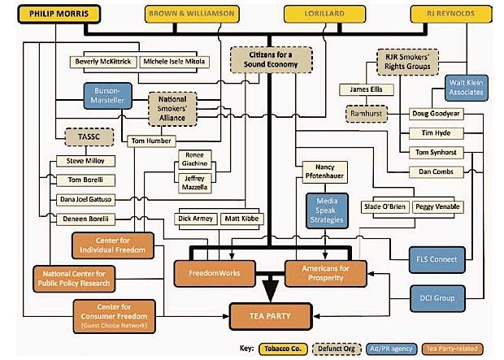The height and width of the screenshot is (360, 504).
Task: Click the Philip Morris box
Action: point(59,14)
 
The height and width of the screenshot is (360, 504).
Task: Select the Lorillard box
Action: point(324,14)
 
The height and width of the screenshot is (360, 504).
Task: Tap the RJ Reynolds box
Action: point(451,14)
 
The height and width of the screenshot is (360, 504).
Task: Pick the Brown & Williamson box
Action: point(192,14)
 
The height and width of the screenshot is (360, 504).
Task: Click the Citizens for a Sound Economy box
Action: point(271,60)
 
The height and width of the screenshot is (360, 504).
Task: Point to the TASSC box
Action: point(89,137)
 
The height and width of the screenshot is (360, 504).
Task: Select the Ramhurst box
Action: point(367,114)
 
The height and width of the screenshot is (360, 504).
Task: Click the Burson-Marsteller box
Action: point(107,96)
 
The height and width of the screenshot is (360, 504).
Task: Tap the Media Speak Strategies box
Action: point(327,210)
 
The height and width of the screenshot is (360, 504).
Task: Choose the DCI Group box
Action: point(437,298)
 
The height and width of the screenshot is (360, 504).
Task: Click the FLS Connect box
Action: point(437,260)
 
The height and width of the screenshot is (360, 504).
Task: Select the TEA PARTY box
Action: point(271,316)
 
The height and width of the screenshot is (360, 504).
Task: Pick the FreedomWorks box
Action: point(215,273)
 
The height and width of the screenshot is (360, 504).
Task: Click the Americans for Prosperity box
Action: point(326,273)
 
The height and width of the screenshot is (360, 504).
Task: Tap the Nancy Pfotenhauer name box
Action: point(324,172)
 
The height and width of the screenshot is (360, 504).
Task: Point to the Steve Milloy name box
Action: point(85,161)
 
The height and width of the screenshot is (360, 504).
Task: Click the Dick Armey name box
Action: point(195,219)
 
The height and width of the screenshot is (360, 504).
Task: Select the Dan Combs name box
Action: point(437,172)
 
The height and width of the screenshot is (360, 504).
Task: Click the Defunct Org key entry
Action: point(337,349)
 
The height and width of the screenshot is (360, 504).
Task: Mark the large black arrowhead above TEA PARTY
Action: point(271,290)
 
